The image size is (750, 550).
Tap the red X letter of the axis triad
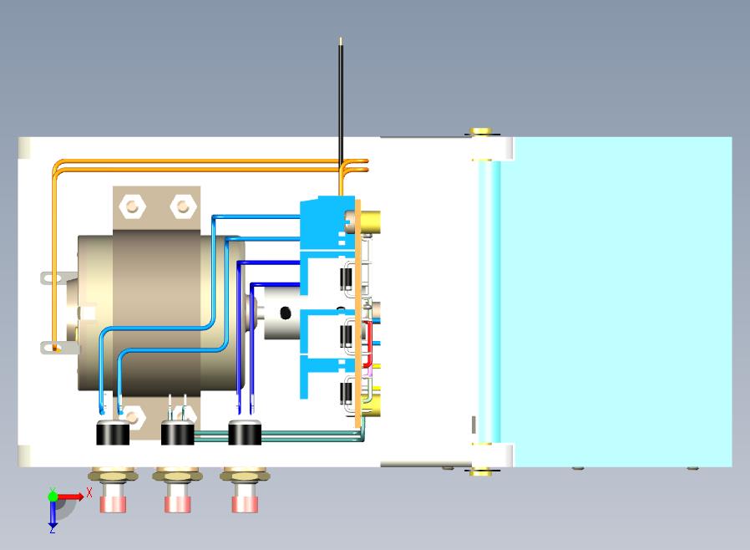[89, 492]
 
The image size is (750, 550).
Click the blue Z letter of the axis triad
[52, 529]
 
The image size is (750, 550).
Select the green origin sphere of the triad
[53, 497]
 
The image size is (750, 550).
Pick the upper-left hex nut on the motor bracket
[133, 206]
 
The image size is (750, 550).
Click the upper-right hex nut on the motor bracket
[183, 206]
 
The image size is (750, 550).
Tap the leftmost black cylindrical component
[113, 433]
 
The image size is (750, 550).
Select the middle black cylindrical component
[177, 433]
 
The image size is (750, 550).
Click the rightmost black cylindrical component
[245, 433]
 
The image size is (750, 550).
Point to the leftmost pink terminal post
[114, 504]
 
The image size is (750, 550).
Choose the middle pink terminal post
[177, 504]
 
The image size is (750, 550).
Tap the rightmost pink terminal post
[245, 504]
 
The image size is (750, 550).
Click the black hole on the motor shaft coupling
[285, 313]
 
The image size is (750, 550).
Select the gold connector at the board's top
[370, 222]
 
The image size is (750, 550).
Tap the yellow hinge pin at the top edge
[481, 131]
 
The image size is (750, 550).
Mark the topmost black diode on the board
[346, 278]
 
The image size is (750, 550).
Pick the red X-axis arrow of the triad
[70, 497]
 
